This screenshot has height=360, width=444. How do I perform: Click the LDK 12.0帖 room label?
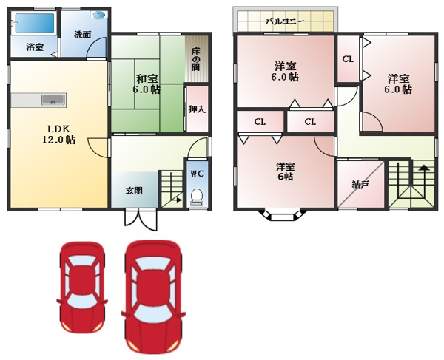click(58, 135)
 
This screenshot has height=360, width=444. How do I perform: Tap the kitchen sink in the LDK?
click(53, 100)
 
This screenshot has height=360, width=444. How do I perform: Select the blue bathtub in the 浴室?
click(34, 23)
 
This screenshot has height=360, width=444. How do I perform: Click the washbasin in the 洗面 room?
click(99, 15)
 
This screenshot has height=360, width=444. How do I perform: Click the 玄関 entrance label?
click(134, 191)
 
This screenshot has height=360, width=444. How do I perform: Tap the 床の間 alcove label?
click(195, 60)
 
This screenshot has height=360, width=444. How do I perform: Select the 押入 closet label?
click(197, 109)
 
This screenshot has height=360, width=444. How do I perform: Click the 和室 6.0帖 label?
click(147, 84)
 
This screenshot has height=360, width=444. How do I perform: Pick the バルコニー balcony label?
click(285, 21)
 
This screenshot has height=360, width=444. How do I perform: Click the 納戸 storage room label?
click(360, 185)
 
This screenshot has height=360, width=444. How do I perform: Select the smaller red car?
click(82, 288)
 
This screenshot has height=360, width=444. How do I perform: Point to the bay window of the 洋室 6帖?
click(283, 215)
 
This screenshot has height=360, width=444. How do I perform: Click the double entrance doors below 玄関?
click(141, 220)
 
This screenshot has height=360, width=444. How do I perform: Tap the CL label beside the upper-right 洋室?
click(348, 59)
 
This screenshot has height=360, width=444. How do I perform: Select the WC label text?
click(197, 174)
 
